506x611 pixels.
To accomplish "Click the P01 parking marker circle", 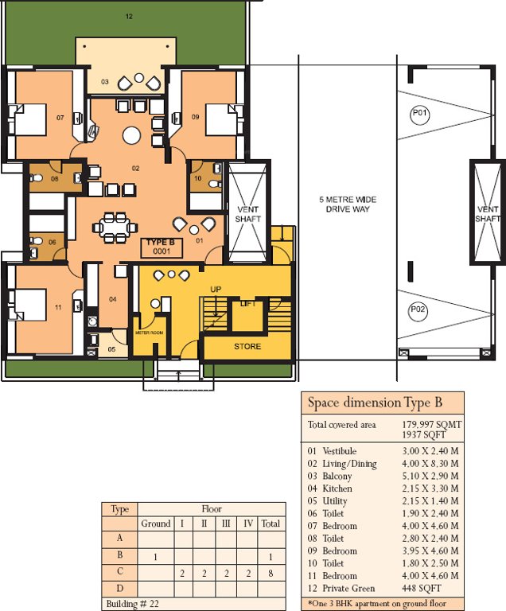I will click(x=420, y=115).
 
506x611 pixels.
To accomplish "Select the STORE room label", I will click(x=247, y=346).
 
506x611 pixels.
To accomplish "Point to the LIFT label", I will click(x=247, y=304).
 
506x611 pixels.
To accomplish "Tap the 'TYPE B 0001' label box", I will click(x=162, y=247).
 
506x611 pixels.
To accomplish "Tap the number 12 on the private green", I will click(x=129, y=16).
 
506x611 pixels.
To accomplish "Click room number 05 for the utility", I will click(x=111, y=348).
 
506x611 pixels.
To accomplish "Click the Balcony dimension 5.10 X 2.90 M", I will click(x=430, y=476).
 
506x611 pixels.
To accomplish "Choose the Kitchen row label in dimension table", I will click(x=337, y=488).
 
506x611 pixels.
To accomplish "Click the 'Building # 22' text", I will click(x=132, y=604).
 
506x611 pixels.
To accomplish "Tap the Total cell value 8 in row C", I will click(x=271, y=573).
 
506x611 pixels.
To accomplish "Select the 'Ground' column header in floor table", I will click(x=156, y=523).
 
